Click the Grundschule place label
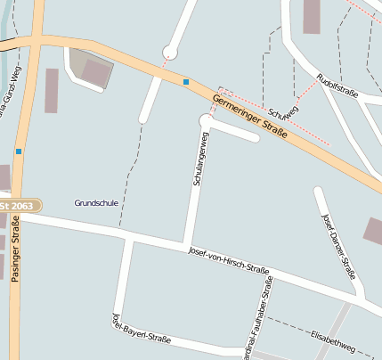(97, 203)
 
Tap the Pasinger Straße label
(15, 249)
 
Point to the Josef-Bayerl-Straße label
(141, 331)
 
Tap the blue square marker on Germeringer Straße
(186, 82)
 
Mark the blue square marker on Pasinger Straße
(18, 151)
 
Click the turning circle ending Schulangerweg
(207, 119)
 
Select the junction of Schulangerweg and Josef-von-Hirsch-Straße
(185, 244)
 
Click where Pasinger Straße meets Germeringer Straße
(31, 41)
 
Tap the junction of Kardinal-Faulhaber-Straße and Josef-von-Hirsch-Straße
(266, 271)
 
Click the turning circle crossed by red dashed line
(169, 53)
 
